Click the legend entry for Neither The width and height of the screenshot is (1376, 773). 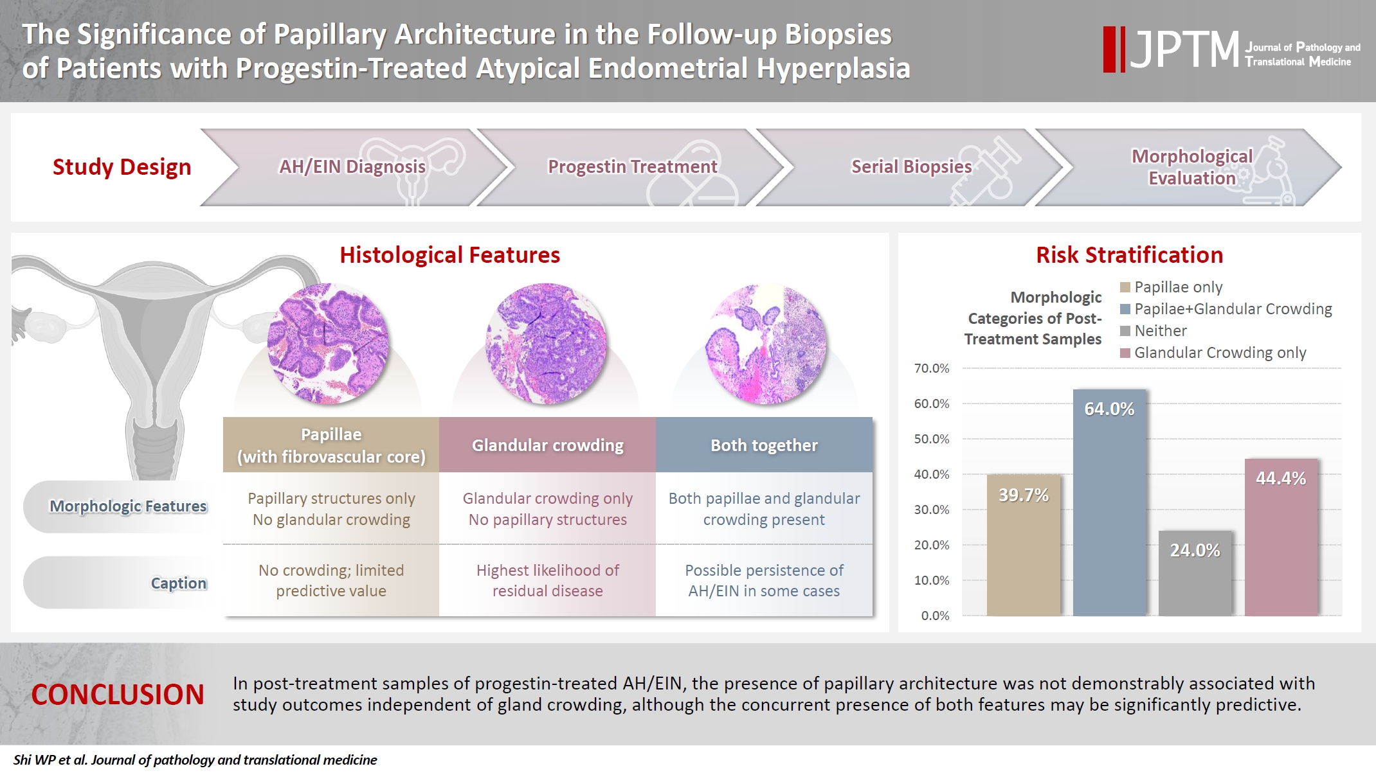coord(1160,331)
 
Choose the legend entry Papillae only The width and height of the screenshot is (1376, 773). coord(1177,287)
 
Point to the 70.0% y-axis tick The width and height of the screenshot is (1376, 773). coord(932,368)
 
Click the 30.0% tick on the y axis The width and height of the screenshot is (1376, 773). coord(932,510)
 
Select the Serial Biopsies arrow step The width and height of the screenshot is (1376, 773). coord(911,167)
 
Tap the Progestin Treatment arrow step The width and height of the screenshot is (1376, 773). coord(632,167)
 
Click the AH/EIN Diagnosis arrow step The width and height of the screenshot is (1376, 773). coord(352,167)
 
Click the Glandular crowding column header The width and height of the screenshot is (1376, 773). coord(547,445)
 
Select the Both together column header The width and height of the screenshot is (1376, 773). coord(764,445)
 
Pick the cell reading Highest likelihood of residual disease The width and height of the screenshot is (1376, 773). coord(547,580)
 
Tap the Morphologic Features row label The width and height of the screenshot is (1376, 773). coord(128,506)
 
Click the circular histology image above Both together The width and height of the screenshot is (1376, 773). coord(766,344)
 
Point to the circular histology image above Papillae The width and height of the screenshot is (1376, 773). coord(328,344)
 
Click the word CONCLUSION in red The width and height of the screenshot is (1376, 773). coord(118,695)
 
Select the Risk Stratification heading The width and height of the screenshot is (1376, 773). coord(1129,255)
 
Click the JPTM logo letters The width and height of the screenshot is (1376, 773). coord(1184,49)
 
